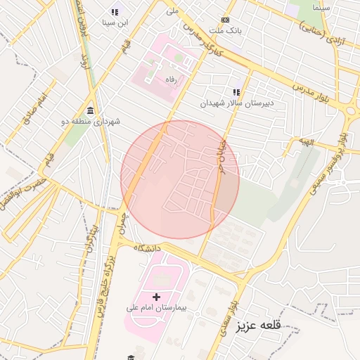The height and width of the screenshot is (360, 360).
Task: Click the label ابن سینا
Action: point(115,22)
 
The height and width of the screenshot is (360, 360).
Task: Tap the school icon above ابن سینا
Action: point(115,12)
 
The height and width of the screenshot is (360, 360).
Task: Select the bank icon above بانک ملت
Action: point(225,20)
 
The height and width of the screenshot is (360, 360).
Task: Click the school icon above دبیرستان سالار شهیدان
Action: point(237,92)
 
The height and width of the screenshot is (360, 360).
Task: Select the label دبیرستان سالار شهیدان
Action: point(237,103)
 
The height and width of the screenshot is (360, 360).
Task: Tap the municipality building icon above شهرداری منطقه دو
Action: point(91,111)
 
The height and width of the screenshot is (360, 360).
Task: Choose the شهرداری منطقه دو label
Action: point(91,122)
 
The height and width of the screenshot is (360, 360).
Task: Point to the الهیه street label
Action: point(304,141)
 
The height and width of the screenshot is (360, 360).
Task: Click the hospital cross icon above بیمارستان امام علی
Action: point(156,297)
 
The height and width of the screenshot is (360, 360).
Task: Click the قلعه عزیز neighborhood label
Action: point(258,326)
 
